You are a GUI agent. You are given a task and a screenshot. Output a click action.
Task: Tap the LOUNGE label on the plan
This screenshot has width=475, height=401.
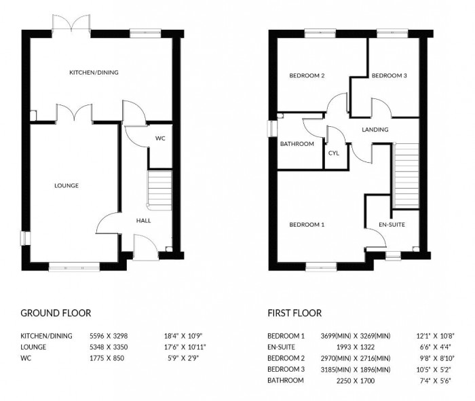66,185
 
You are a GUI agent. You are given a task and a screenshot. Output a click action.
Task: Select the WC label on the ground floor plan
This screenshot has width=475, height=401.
160,138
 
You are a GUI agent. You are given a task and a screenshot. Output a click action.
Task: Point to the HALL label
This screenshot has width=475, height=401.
143,221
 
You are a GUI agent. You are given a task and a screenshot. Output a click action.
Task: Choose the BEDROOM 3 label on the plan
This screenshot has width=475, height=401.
389,76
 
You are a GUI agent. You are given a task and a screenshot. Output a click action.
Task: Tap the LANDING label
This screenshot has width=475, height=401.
375,130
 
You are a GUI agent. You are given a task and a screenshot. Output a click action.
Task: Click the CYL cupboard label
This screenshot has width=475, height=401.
333,153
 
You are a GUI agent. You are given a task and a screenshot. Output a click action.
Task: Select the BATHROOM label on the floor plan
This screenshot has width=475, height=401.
297,144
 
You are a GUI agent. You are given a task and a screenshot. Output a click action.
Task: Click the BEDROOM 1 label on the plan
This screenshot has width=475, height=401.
307,224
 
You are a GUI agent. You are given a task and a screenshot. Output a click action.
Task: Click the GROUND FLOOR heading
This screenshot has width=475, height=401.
56,313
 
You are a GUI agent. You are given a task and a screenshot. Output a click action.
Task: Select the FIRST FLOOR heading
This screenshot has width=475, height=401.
294,313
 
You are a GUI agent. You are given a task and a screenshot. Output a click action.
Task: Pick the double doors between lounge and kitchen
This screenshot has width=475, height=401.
75,113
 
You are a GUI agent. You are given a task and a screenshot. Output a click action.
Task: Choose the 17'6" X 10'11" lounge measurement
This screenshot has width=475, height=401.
185,347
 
